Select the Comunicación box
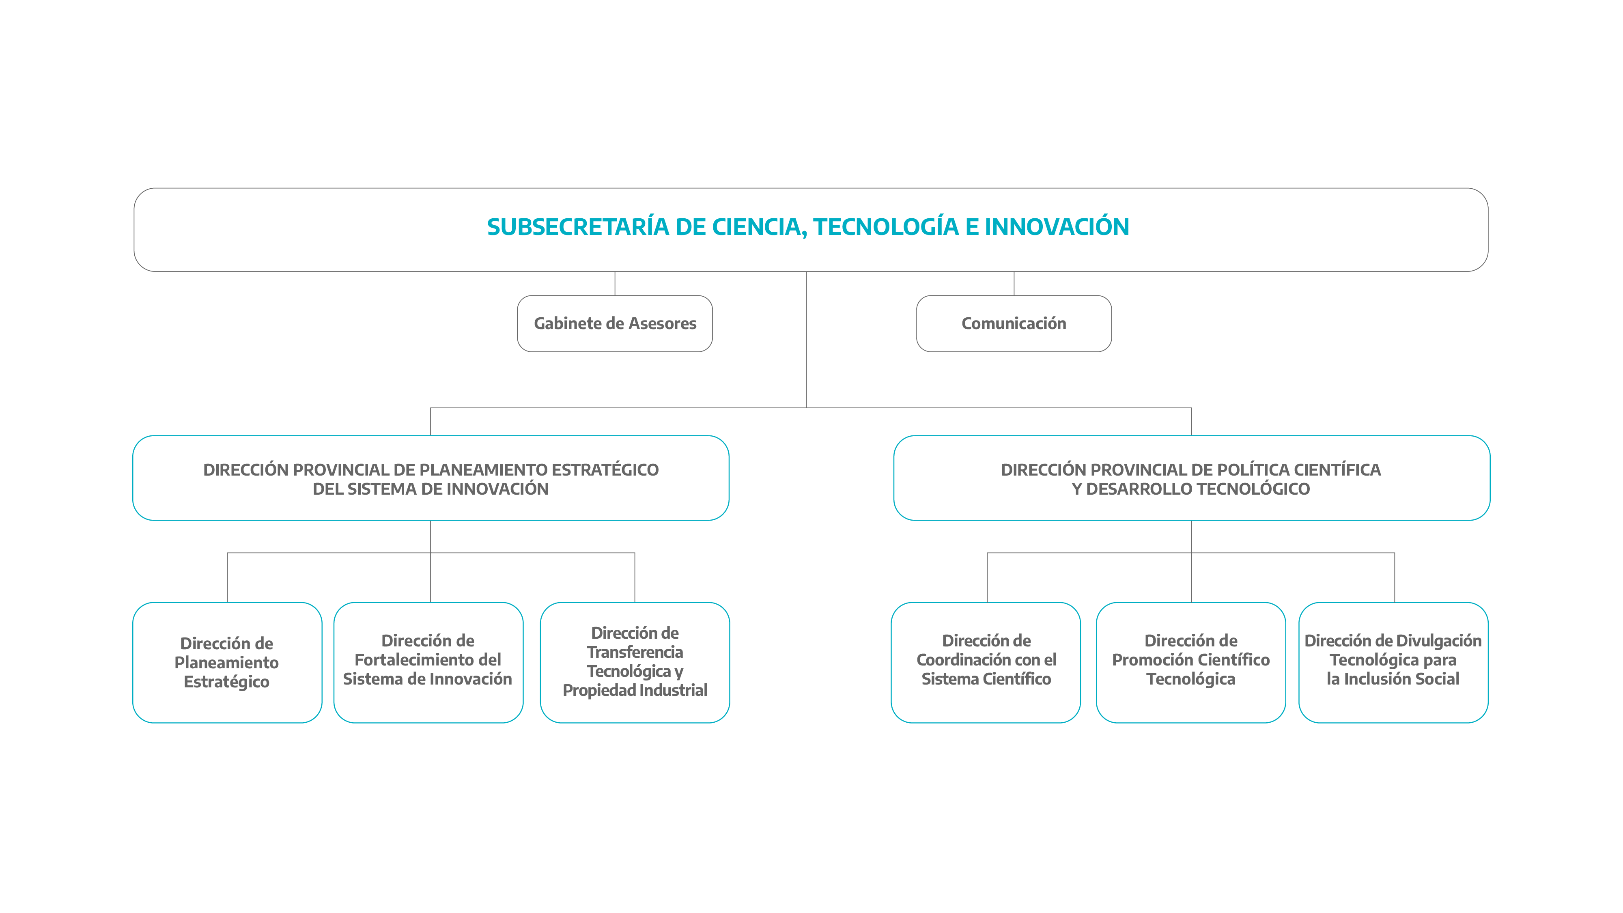1014,323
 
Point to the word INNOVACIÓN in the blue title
1057,227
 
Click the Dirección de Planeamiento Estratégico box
228,662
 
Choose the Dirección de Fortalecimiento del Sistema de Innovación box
428,662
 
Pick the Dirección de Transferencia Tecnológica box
635,662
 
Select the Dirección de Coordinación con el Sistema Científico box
986,662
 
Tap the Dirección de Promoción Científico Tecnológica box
1191,662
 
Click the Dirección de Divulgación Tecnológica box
1394,662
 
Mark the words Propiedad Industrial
635,691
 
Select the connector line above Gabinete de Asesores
615,284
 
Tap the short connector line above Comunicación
1014,284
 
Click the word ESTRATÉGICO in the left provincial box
605,469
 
